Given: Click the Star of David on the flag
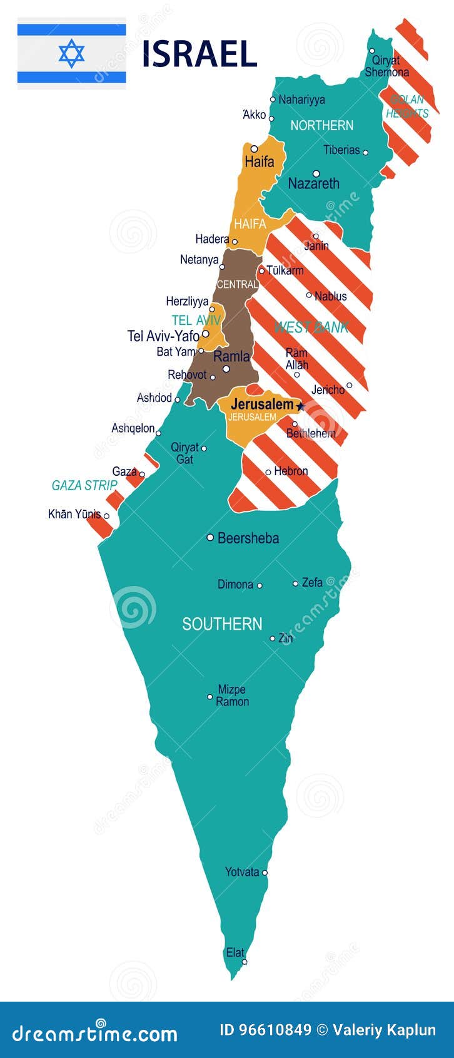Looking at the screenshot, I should click(x=71, y=53).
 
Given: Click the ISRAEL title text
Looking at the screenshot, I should click(x=199, y=54).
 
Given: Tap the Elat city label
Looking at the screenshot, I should click(x=235, y=952).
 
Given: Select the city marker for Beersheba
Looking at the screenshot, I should click(x=210, y=537).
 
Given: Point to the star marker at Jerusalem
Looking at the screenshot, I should click(x=300, y=406).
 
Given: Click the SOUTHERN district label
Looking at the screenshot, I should click(x=222, y=624).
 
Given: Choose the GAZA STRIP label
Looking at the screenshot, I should click(x=84, y=485).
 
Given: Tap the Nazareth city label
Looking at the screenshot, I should click(x=313, y=183).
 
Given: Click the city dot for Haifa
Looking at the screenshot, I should click(x=254, y=149).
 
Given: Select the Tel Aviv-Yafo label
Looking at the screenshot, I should click(x=163, y=336).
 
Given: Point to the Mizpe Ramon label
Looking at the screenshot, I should click(x=232, y=696).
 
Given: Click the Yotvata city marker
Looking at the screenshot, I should click(x=265, y=872).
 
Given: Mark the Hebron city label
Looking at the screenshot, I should click(x=291, y=471).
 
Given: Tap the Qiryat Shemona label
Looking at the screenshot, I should click(x=386, y=66).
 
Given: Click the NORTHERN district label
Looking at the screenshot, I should click(x=321, y=125).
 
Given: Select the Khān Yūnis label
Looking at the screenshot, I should click(x=74, y=514).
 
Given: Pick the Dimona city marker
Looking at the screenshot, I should click(x=260, y=585).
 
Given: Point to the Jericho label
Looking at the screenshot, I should click(x=328, y=389).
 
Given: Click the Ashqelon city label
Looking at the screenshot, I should click(x=133, y=428).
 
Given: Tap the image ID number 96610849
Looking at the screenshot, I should click(x=265, y=1030).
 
